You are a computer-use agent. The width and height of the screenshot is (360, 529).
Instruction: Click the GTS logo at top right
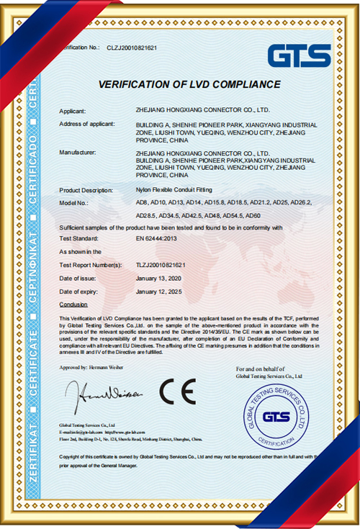[x=299, y=55]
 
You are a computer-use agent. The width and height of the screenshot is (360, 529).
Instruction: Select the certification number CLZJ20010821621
[x=132, y=47]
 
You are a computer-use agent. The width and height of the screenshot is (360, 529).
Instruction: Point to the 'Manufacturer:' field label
[x=77, y=153]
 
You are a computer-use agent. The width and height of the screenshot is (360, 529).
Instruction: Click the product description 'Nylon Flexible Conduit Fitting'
[x=168, y=190]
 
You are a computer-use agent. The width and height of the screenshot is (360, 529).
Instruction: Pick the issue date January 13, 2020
[x=159, y=279]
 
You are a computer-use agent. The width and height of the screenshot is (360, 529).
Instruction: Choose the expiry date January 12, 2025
[x=159, y=291]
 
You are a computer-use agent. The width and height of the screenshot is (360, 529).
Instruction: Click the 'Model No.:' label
[x=74, y=203]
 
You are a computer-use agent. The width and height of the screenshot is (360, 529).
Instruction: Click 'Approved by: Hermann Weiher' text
[x=91, y=367]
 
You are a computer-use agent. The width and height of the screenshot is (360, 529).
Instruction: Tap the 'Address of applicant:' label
[x=87, y=125]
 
